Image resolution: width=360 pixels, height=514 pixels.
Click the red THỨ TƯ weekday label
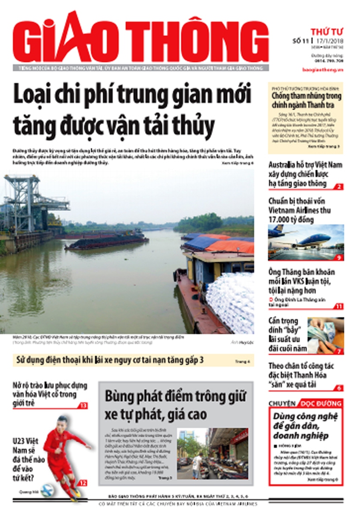pyautogui.click(x=326, y=31)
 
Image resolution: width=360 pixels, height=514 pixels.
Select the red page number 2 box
pyautogui.click(x=339, y=186)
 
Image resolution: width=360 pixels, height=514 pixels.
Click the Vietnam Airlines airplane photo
pyautogui.click(x=306, y=242)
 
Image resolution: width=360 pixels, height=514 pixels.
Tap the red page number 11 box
pyautogui.click(x=339, y=305)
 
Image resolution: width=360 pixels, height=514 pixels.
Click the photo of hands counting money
pyautogui.click(x=325, y=335)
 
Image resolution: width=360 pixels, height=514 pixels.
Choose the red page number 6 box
pyautogui.click(x=339, y=388)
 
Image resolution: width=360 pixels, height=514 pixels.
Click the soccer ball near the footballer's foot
pyautogui.click(x=47, y=490)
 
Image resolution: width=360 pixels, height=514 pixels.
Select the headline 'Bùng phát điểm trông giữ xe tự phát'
pyautogui.click(x=175, y=404)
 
